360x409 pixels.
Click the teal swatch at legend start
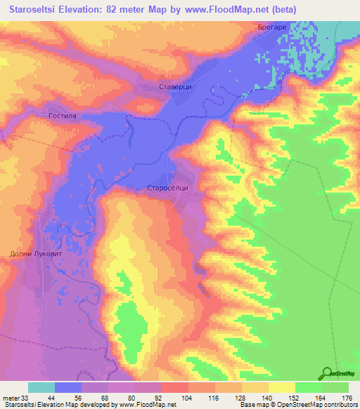pos(41,387)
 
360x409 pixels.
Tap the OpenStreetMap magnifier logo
pos(328,373)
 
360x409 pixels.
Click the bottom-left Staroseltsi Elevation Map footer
pos(56,405)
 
